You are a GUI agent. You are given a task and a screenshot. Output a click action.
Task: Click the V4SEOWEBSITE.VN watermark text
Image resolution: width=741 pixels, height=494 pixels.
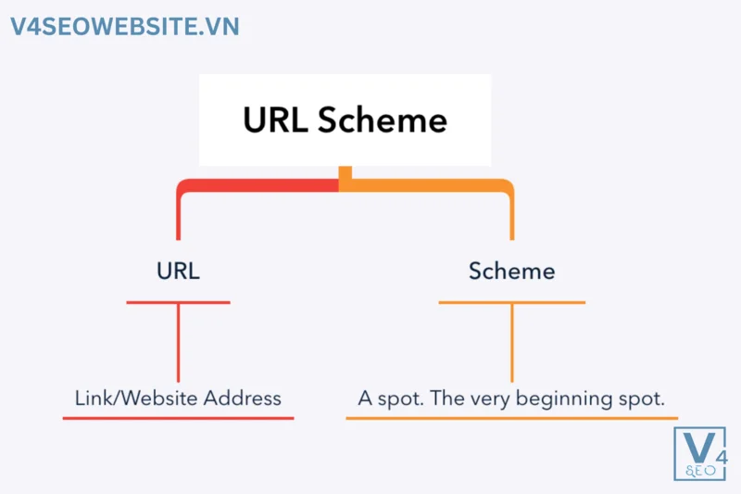click(125, 26)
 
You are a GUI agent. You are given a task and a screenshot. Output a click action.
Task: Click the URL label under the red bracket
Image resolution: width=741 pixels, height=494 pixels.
click(178, 272)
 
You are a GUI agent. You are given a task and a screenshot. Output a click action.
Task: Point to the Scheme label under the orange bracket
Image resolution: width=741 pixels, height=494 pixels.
click(511, 272)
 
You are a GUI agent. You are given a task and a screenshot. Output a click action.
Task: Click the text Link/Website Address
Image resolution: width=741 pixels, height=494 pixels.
click(178, 399)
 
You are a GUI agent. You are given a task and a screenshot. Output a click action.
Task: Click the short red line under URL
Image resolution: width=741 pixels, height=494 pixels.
click(178, 302)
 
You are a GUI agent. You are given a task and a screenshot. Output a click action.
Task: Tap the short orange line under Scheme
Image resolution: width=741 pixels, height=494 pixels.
click(511, 302)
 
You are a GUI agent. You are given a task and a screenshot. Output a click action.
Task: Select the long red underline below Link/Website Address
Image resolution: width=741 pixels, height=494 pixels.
click(178, 418)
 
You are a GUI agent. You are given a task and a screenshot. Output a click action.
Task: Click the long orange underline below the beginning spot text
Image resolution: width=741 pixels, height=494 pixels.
click(511, 418)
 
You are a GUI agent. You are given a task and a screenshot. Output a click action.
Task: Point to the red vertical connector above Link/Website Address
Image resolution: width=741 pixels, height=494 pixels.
click(178, 343)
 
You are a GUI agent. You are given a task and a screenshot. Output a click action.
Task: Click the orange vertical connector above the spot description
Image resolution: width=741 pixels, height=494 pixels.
click(511, 343)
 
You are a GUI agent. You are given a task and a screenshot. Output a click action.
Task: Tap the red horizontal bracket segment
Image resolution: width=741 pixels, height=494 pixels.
click(259, 185)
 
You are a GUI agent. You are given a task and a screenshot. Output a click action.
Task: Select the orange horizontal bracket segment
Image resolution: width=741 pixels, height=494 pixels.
click(426, 185)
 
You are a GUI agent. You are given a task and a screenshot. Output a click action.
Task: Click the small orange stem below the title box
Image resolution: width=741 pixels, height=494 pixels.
click(345, 174)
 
